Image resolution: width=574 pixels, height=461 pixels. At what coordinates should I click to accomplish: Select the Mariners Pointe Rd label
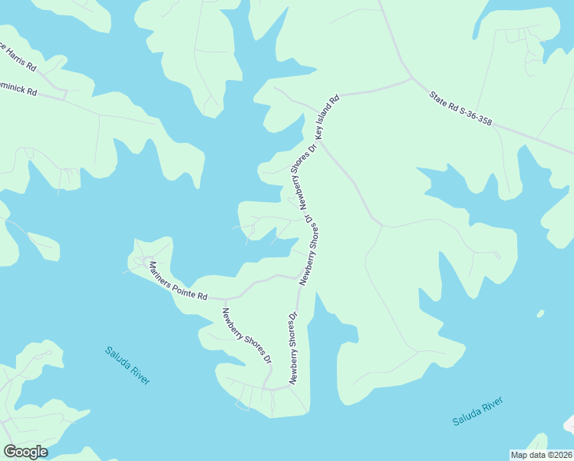coord(177,281)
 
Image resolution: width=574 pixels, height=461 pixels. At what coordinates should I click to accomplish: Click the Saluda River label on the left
coord(127,366)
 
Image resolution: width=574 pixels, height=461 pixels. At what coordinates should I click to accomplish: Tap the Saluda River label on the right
coord(477,412)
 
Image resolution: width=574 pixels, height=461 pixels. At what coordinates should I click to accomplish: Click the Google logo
coord(25,451)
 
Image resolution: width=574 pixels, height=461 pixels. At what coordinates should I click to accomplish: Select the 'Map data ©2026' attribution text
coord(541,455)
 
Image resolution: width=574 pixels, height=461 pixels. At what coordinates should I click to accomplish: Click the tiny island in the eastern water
coord(540,313)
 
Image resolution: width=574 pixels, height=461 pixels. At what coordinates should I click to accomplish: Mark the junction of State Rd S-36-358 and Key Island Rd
coord(413,78)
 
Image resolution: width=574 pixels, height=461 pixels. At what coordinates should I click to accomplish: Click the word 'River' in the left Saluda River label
coord(139,375)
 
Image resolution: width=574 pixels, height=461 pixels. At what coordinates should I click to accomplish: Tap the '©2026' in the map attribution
coord(557,455)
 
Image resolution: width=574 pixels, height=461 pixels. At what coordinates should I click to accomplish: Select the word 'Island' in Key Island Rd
coord(328,115)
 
